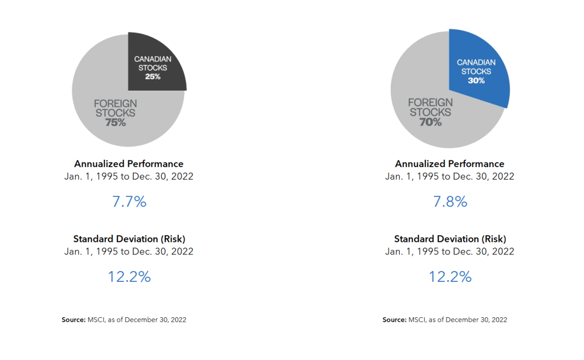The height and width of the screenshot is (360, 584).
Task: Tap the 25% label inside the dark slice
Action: click(152, 76)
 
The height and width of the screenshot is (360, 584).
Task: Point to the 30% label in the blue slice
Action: click(476, 80)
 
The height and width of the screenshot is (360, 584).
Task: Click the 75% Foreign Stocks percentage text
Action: click(115, 122)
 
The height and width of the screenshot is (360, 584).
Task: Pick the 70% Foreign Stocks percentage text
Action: click(431, 122)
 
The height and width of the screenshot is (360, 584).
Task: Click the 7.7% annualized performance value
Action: click(129, 201)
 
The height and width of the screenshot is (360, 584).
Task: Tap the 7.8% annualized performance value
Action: click(450, 201)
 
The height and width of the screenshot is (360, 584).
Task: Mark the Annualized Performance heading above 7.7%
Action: click(129, 164)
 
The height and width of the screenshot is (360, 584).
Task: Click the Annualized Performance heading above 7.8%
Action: click(449, 164)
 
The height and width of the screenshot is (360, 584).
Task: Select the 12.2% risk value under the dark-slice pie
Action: click(129, 277)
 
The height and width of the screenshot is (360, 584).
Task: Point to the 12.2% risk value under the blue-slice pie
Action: click(450, 277)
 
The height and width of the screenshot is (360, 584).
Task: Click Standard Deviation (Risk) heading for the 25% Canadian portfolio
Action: click(129, 239)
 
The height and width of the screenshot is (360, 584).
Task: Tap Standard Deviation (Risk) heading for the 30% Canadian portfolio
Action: click(449, 239)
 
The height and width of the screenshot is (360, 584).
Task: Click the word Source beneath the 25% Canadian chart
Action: click(73, 319)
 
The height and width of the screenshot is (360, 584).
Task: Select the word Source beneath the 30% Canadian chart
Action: click(394, 319)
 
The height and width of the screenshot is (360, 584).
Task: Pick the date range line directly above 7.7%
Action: click(129, 176)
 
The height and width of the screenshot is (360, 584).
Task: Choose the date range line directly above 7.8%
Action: click(449, 176)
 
